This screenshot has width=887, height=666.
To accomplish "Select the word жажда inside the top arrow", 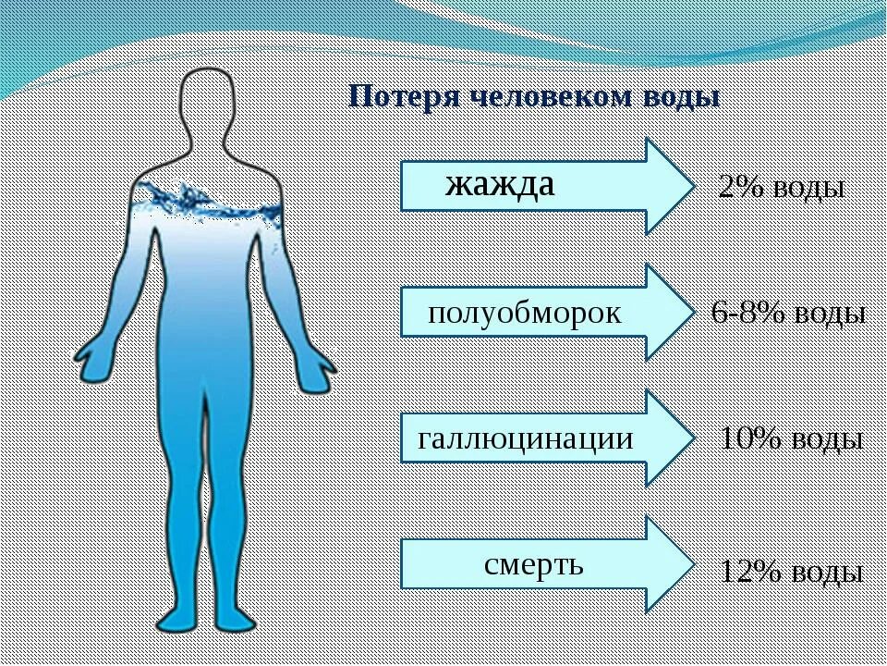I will [500, 184].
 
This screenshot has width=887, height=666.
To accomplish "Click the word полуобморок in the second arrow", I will [525, 313].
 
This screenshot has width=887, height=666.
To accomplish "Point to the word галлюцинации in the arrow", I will [526, 438].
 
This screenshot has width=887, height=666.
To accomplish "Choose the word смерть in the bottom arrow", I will [533, 562].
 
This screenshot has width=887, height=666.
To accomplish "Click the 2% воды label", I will [782, 189].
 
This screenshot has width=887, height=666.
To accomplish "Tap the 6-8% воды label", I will [788, 314].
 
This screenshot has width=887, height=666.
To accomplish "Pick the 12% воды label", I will [791, 573].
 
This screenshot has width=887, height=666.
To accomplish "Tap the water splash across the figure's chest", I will [205, 202].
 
